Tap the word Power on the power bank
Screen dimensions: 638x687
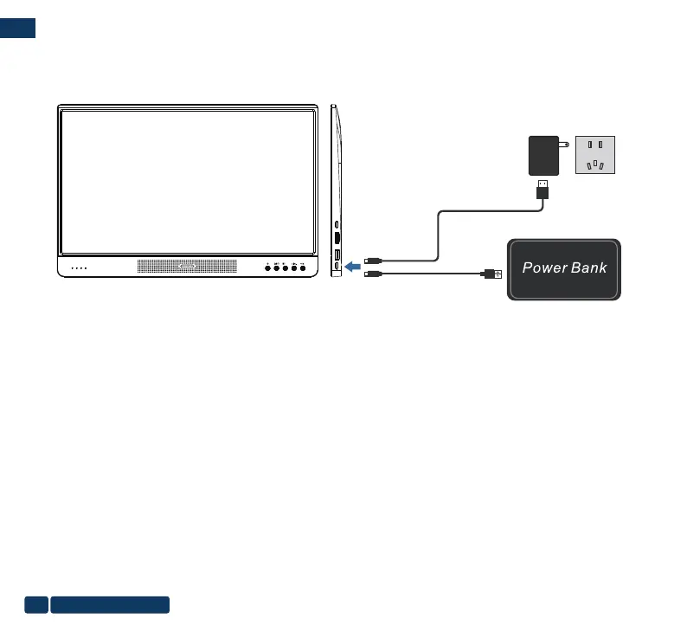[x=544, y=267]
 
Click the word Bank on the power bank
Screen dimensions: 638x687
[x=589, y=267]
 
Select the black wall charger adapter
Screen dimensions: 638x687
[x=541, y=155]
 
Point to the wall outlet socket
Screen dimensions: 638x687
[x=595, y=155]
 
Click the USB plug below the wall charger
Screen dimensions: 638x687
[x=542, y=190]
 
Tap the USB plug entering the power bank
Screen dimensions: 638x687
[x=491, y=274]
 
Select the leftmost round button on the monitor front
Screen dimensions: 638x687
[x=267, y=268]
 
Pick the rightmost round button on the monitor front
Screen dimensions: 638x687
[x=303, y=268]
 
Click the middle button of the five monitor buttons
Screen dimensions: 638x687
[x=285, y=268]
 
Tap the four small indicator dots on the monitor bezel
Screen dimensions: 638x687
[x=79, y=268]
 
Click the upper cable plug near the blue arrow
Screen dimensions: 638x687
[x=373, y=259]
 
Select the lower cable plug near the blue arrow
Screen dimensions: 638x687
[x=373, y=274]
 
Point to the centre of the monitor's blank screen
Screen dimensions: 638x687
[x=187, y=181]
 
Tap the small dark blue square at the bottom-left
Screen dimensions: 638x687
[x=36, y=604]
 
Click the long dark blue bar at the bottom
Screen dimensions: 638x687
[x=110, y=604]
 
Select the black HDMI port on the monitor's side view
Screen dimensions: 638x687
[x=337, y=236]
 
